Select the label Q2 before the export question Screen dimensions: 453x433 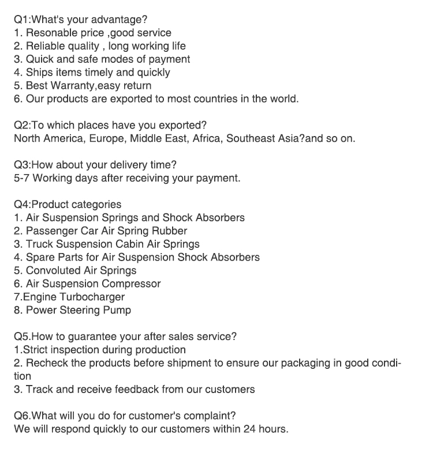(21, 126)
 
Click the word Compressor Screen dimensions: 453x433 (132, 284)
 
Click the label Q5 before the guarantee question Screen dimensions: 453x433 (21, 337)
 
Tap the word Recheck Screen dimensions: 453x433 (47, 363)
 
